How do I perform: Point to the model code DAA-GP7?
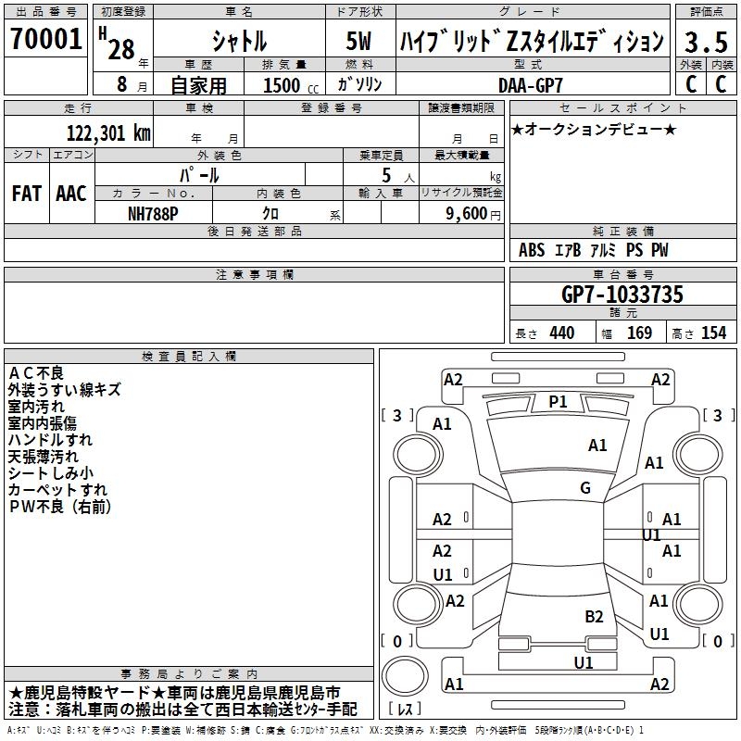click(x=530, y=84)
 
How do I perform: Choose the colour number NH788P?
click(x=154, y=212)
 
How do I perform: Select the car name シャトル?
click(x=238, y=41)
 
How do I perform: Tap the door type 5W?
click(x=359, y=41)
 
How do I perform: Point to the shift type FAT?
click(x=26, y=193)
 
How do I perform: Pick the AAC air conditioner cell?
click(x=70, y=193)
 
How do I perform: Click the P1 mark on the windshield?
click(x=558, y=401)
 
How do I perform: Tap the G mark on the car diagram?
click(x=584, y=487)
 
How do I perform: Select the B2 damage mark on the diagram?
click(x=594, y=616)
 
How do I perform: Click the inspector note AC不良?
click(x=36, y=372)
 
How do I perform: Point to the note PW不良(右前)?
click(x=59, y=506)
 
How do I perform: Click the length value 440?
click(x=560, y=333)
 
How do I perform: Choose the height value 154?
click(x=713, y=333)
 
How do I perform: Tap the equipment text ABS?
click(x=532, y=250)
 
